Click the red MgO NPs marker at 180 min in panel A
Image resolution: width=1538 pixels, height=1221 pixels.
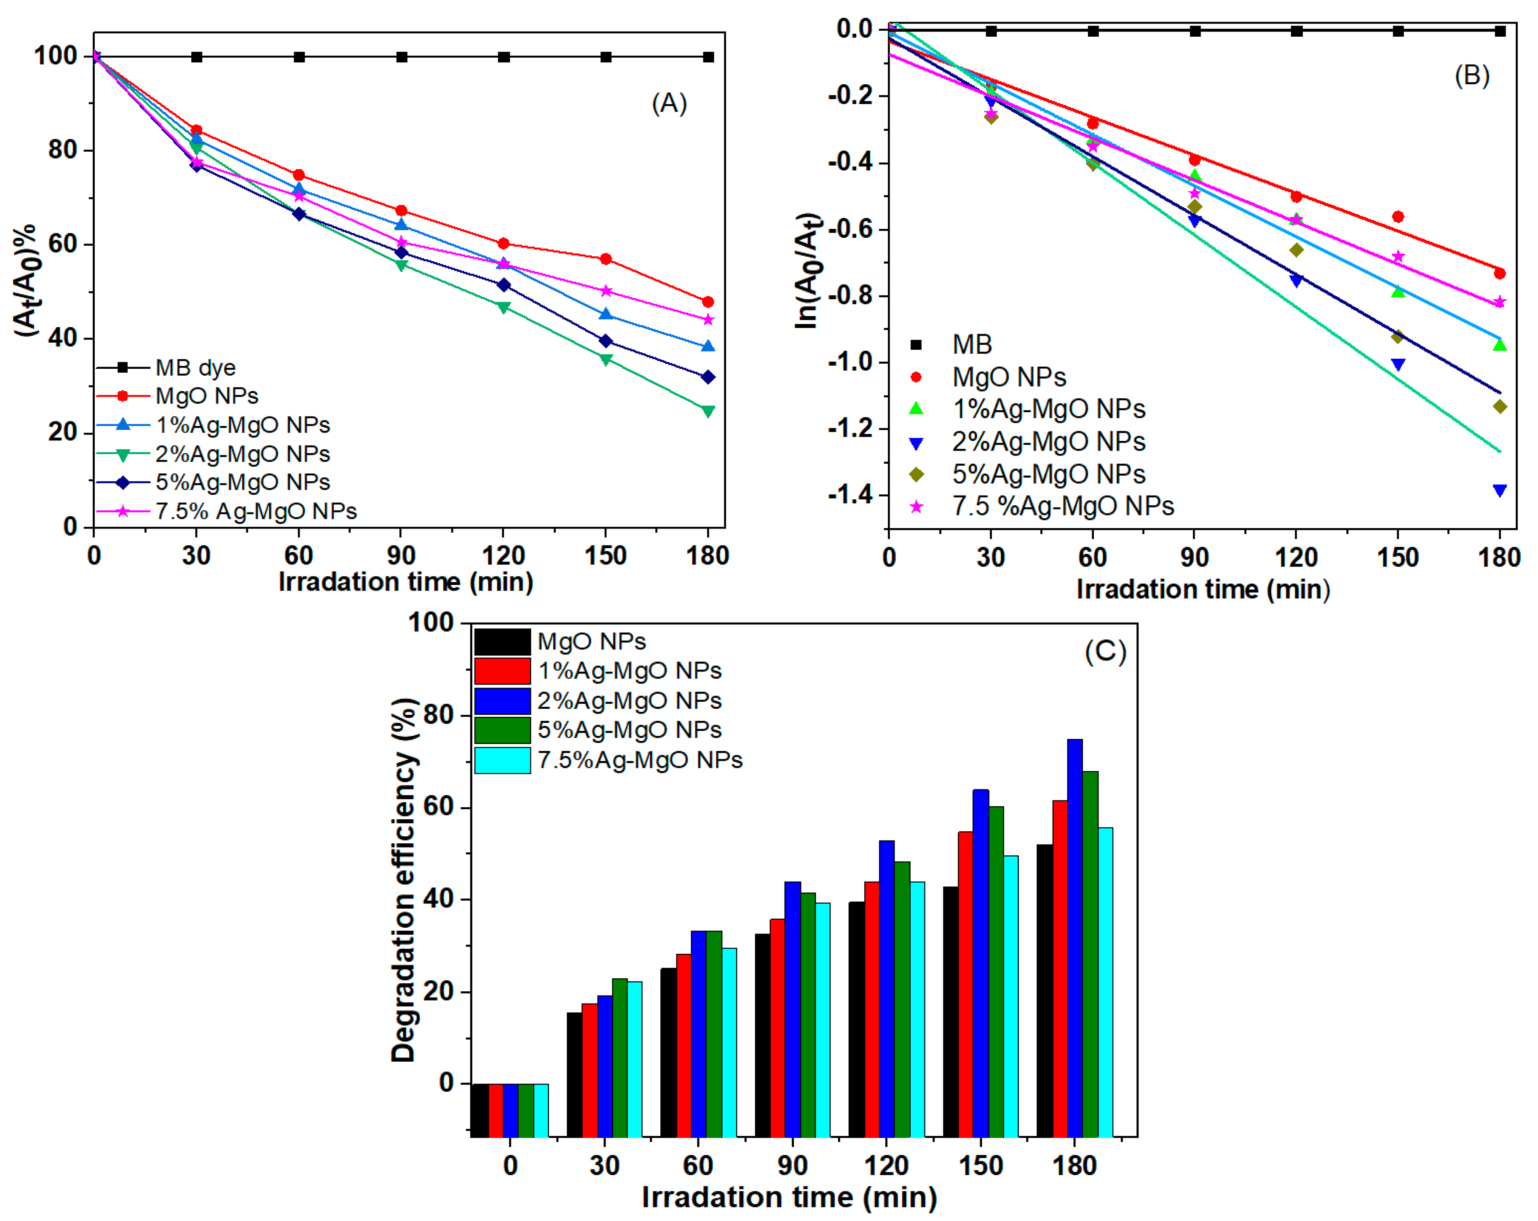click(707, 302)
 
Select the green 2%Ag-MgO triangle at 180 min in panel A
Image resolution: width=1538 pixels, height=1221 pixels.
click(707, 411)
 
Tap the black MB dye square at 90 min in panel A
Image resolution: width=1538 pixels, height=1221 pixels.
click(402, 57)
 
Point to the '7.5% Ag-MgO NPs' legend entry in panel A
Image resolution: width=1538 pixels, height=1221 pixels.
click(255, 511)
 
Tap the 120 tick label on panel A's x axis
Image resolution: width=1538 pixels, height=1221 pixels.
click(503, 555)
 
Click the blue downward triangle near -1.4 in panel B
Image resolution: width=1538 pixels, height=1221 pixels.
click(1500, 490)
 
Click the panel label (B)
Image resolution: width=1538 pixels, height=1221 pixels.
click(1472, 75)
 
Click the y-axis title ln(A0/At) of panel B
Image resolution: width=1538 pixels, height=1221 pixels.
click(807, 271)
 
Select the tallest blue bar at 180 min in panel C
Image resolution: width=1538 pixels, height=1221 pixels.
click(1074, 937)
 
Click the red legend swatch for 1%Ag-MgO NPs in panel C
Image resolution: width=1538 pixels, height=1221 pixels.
click(502, 671)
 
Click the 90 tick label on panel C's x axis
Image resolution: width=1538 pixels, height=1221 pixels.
click(792, 1165)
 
